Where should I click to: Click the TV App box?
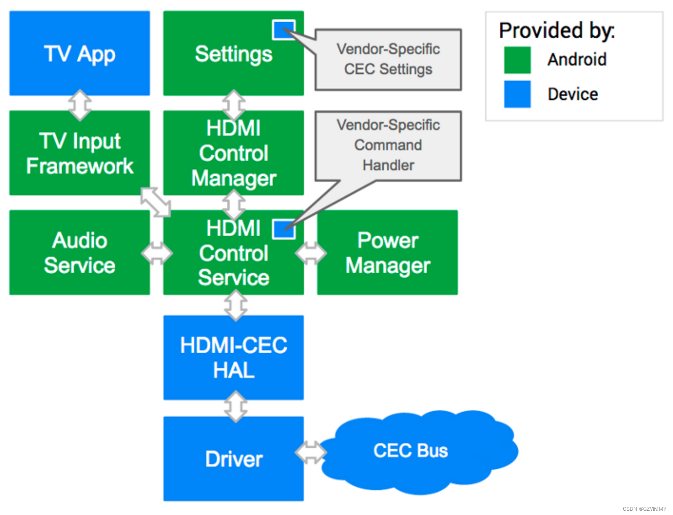click(x=80, y=53)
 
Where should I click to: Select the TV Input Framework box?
click(x=80, y=153)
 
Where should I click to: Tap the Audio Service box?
click(x=80, y=252)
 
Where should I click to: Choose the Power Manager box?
click(x=387, y=252)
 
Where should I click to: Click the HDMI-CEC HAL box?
click(x=233, y=358)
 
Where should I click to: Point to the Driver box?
click(x=233, y=459)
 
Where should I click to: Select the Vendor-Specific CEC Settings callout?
click(x=388, y=60)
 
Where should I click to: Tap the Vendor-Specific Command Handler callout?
click(x=388, y=145)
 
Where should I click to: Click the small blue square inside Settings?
click(x=283, y=30)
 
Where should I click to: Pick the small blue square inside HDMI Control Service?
click(x=283, y=229)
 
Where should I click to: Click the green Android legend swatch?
click(x=517, y=60)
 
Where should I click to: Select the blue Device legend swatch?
click(x=517, y=94)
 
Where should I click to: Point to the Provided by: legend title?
click(x=557, y=30)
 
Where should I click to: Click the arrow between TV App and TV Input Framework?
click(x=80, y=105)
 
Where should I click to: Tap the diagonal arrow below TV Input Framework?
click(x=156, y=202)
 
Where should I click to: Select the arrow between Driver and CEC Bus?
click(x=311, y=452)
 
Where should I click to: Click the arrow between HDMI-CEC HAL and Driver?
click(x=236, y=406)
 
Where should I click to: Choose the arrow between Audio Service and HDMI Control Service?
click(x=157, y=253)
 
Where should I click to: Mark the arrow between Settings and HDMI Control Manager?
click(x=234, y=105)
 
